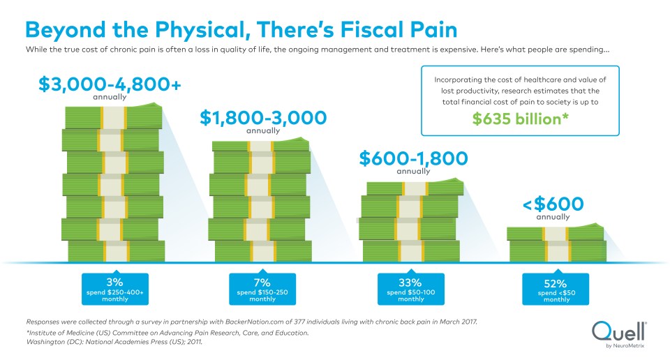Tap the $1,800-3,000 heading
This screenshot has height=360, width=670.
[x=263, y=118]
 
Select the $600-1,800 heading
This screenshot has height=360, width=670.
[x=413, y=158]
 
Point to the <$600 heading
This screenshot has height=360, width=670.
[x=553, y=204]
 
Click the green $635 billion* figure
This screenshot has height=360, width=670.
[x=519, y=118]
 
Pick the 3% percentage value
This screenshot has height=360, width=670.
[x=115, y=281]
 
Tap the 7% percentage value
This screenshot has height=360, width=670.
[x=262, y=282]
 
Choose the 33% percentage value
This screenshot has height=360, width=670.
[x=410, y=283]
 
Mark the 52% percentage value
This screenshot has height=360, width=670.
[x=556, y=283]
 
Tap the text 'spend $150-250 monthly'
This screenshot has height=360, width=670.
[x=262, y=295]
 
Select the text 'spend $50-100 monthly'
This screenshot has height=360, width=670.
[x=410, y=295]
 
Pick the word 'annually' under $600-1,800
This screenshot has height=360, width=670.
[x=413, y=172]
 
